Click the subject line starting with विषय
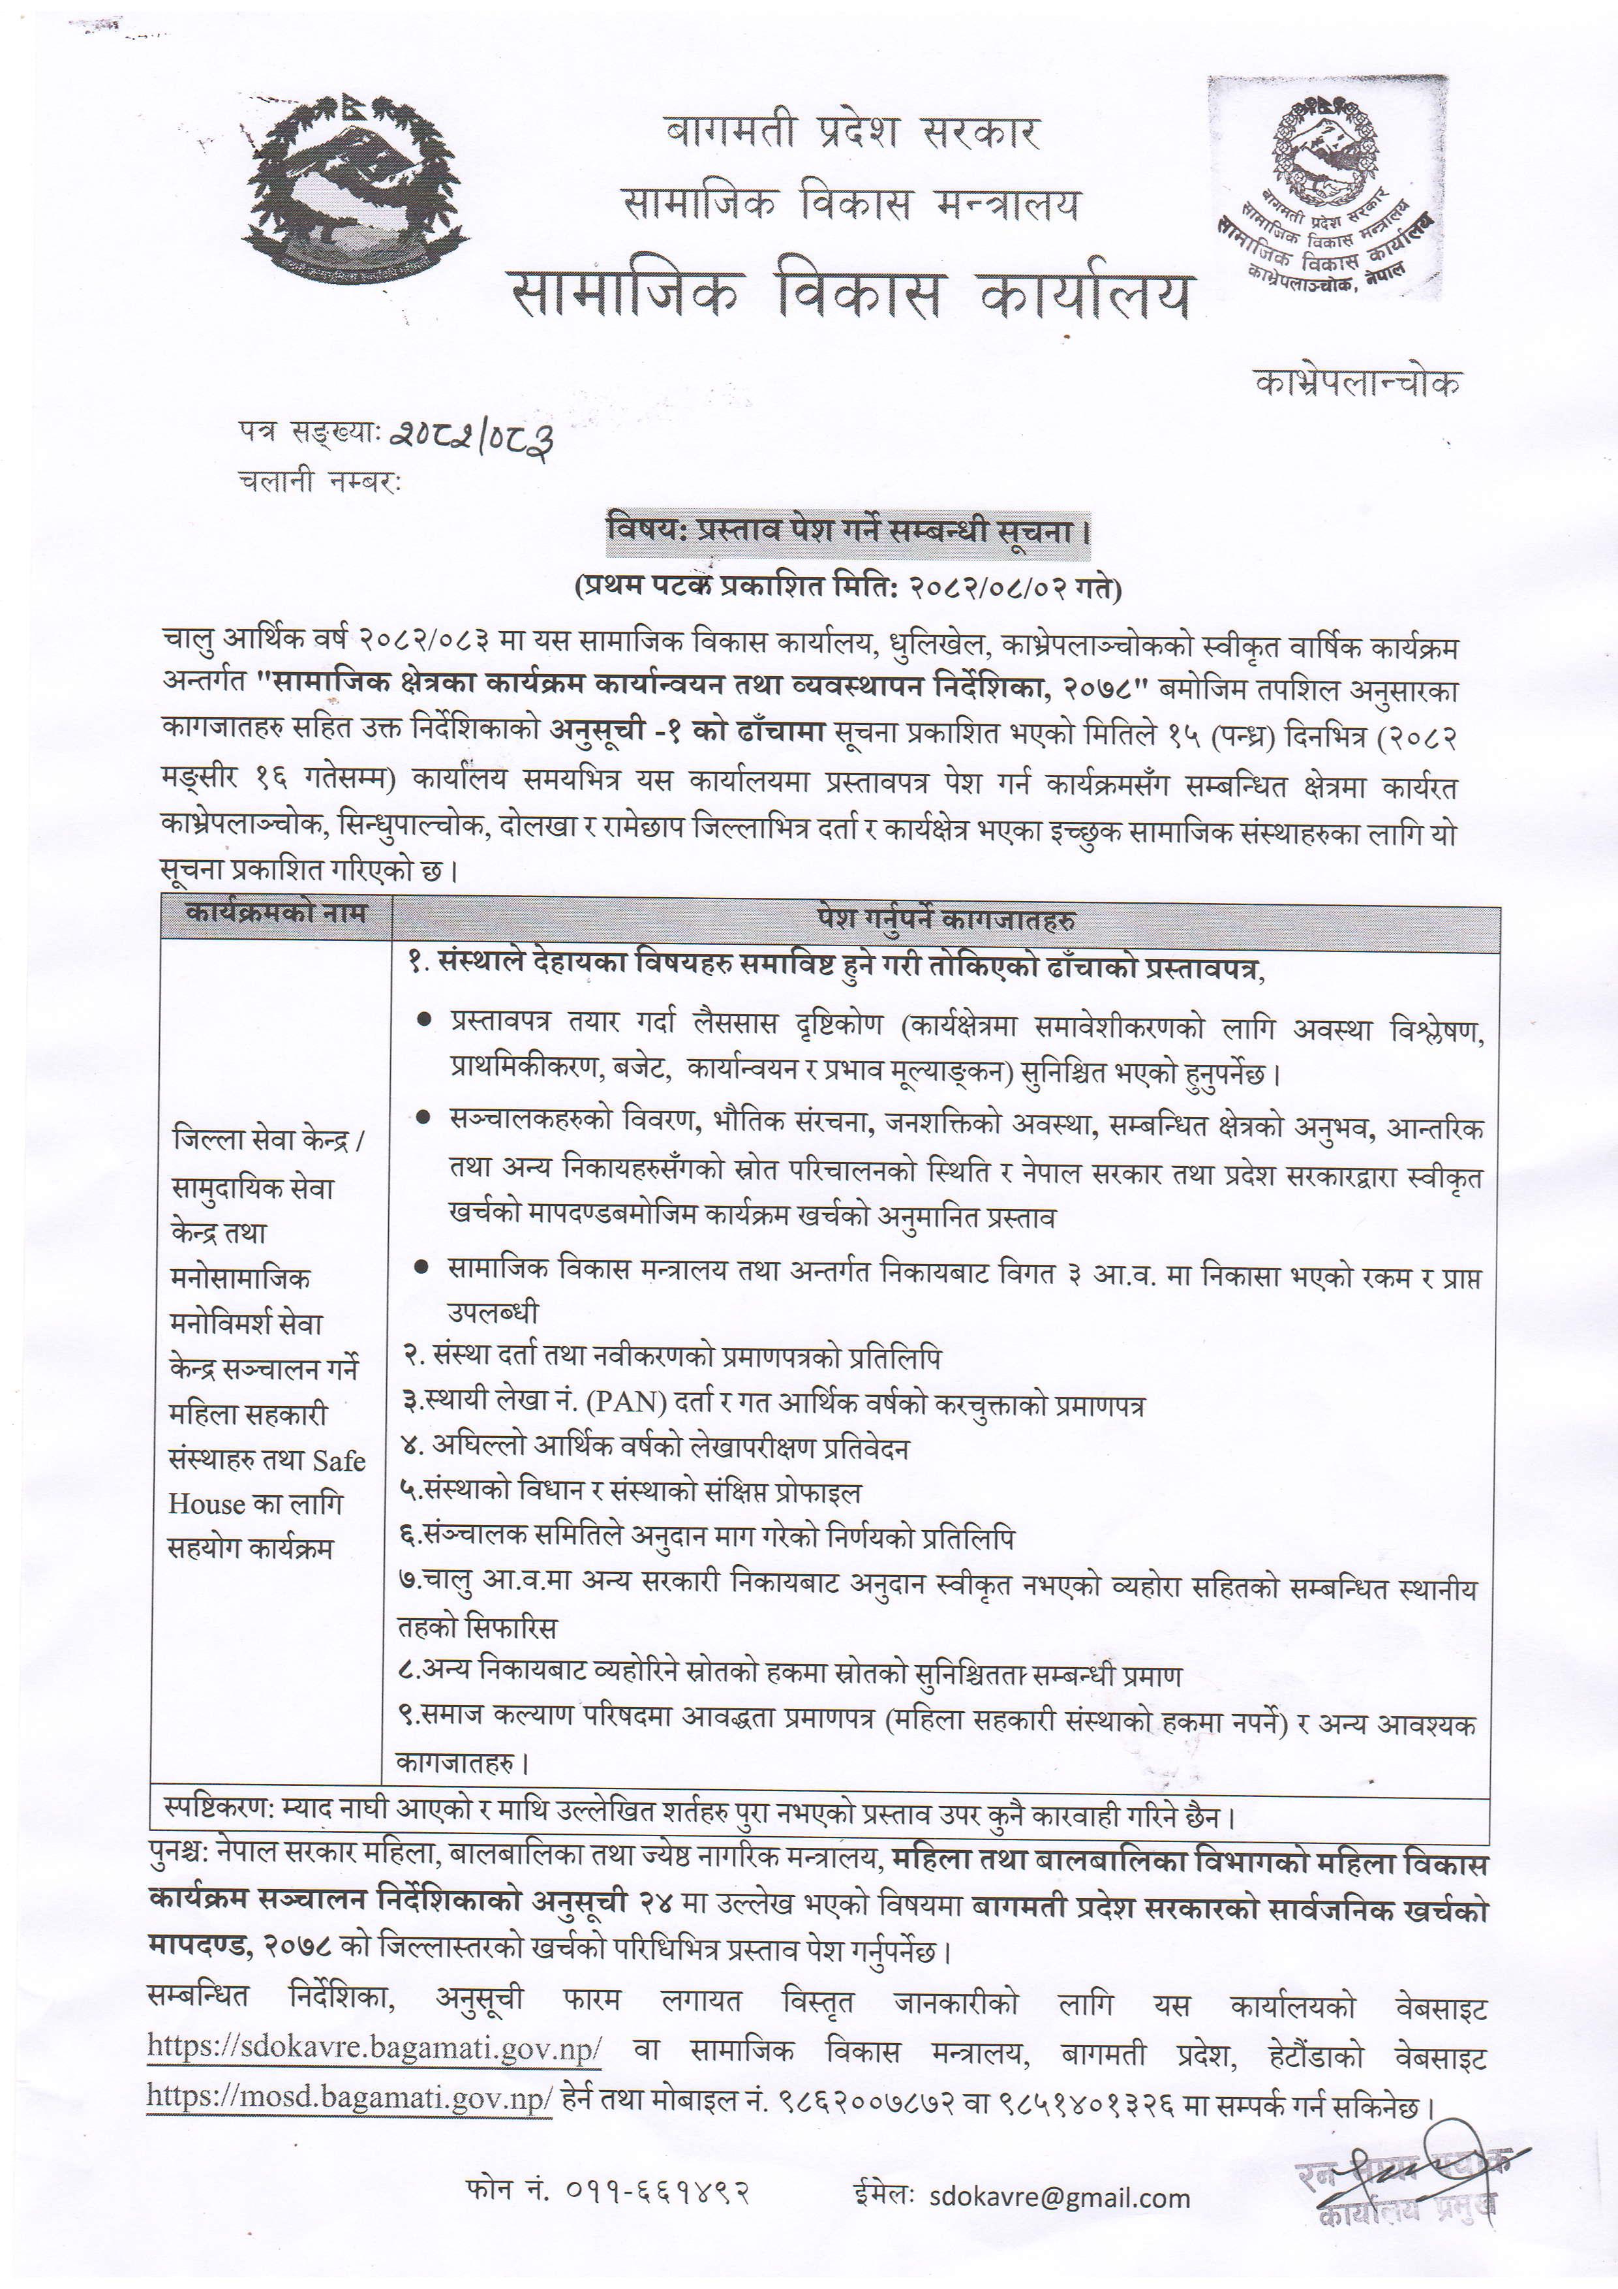pos(848,530)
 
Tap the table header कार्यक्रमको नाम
pos(276,914)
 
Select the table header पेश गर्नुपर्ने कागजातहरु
pos(945,918)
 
